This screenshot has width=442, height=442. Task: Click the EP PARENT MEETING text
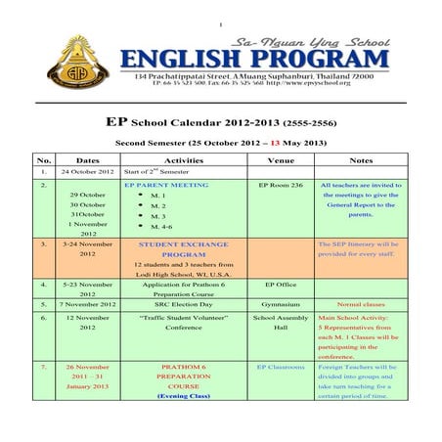[x=166, y=184]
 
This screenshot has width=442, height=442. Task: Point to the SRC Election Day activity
[x=184, y=303]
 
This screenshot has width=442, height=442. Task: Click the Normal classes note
[x=360, y=303]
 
